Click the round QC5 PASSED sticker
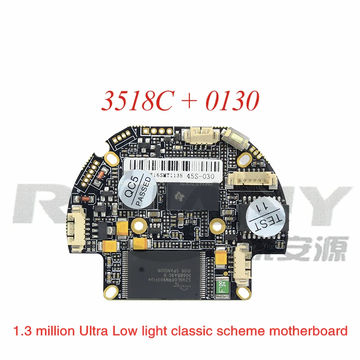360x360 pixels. click(x=138, y=188)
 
